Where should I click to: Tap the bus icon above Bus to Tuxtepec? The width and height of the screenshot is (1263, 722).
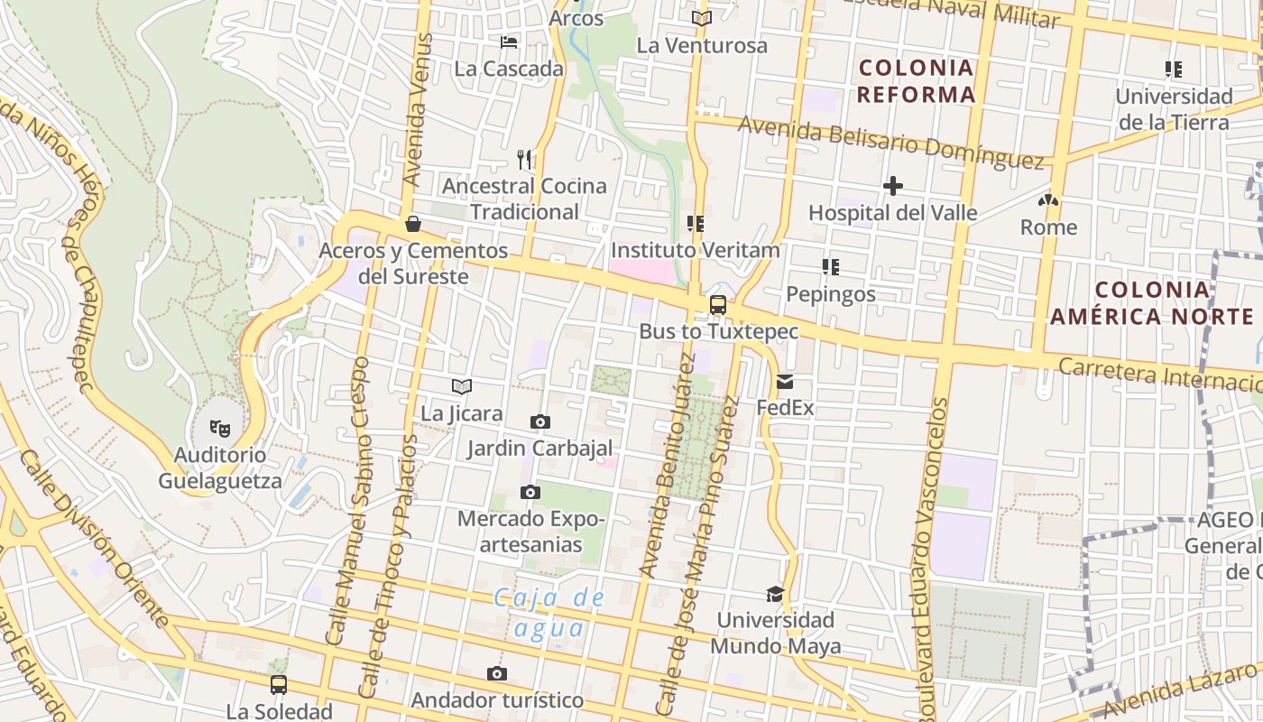pos(718,305)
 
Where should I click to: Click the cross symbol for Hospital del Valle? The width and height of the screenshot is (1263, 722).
pos(893,186)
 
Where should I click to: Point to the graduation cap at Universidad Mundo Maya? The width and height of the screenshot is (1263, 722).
pos(775,594)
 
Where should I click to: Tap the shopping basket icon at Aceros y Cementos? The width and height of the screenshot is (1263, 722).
pos(413,223)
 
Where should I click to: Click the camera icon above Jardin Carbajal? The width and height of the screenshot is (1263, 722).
pos(539,421)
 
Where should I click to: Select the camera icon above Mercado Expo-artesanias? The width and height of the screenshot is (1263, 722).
pos(530,492)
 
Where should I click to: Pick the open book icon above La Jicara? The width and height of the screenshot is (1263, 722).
pos(462,387)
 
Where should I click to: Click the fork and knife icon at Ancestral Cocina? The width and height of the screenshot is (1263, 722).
pos(524,160)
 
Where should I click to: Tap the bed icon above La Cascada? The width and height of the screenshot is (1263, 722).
pos(509,42)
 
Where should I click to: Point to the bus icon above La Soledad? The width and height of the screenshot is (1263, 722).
pos(279,684)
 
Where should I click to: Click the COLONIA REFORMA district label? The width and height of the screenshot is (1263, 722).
pos(916,80)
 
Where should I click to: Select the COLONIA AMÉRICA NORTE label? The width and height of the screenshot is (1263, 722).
pos(1152,302)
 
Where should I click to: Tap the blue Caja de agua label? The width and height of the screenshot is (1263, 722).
pos(549,612)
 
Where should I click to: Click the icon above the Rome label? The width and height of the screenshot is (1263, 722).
pos(1048,200)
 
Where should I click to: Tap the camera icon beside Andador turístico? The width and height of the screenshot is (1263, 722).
pos(496,674)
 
